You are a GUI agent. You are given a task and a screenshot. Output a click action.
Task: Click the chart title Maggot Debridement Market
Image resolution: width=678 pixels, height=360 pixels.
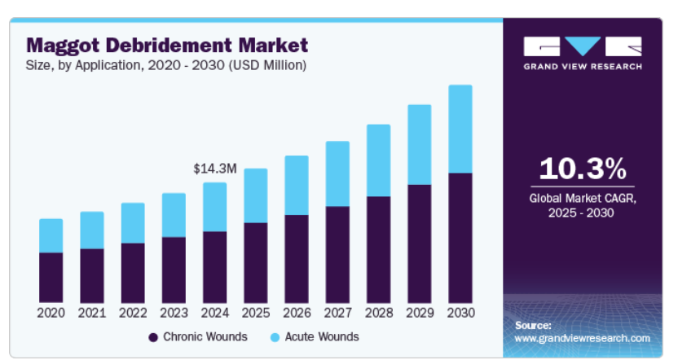click(x=167, y=44)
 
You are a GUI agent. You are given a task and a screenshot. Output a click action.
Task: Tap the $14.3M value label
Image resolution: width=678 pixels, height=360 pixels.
click(x=215, y=169)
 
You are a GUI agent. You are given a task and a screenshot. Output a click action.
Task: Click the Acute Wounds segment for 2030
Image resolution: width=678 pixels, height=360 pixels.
click(x=460, y=129)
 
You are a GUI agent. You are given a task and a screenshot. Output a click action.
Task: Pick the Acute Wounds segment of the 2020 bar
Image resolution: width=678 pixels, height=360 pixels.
click(x=51, y=235)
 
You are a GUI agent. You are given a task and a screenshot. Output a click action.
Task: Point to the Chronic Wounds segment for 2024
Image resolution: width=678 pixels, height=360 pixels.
click(x=215, y=266)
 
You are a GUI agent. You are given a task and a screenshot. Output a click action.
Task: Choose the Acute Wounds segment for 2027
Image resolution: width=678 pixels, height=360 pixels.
click(x=337, y=173)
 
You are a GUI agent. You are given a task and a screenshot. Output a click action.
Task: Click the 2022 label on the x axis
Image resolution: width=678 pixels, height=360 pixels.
click(x=133, y=312)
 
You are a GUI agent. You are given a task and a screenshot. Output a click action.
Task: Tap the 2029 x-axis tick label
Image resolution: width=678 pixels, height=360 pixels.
click(x=419, y=312)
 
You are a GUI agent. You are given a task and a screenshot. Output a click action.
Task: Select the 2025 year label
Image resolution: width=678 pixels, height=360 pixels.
click(x=256, y=312)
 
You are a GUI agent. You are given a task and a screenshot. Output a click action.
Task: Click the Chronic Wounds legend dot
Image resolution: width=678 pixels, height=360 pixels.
click(x=152, y=337)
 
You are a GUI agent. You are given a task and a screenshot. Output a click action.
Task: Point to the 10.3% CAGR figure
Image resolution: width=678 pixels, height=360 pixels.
click(x=583, y=169)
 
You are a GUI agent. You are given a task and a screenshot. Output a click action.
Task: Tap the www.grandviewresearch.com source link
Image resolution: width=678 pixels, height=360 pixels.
click(x=583, y=338)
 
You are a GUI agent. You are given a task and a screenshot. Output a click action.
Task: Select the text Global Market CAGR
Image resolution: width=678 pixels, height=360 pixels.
click(x=583, y=198)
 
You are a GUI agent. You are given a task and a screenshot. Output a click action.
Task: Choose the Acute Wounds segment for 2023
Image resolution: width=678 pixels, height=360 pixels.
click(x=174, y=215)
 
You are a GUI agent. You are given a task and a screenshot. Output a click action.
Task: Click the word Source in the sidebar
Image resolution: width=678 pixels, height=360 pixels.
click(x=534, y=325)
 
